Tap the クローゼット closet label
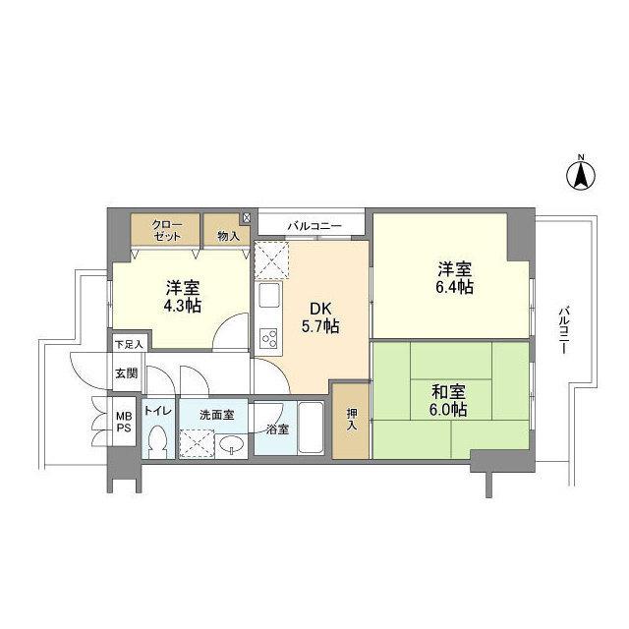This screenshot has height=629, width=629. point(165,231)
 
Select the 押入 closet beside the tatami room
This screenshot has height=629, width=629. point(352,421)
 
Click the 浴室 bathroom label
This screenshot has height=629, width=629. point(277,429)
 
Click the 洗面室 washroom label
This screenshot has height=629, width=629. point(216,415)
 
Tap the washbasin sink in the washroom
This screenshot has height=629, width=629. point(233,447)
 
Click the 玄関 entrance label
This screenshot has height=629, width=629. point(126,373)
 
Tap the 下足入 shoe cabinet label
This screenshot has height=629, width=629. point(129,344)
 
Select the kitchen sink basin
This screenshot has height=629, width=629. point(267,298)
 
